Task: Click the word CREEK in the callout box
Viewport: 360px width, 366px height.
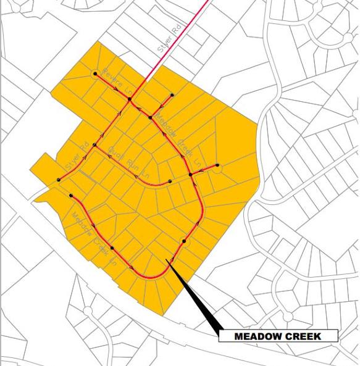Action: pyautogui.click(x=308, y=336)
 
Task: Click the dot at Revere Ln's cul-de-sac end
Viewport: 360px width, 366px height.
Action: pyautogui.click(x=95, y=73)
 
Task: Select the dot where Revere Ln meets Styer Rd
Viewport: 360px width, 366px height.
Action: pyautogui.click(x=130, y=99)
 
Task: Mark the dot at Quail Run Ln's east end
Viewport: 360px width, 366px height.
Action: pyautogui.click(x=169, y=181)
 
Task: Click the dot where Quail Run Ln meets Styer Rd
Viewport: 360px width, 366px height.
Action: pyautogui.click(x=94, y=145)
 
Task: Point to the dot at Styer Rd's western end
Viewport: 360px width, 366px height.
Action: pyautogui.click(x=59, y=180)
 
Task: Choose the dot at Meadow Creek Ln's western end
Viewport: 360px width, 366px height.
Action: pyautogui.click(x=72, y=196)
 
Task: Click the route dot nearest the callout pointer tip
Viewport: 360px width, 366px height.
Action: pyautogui.click(x=184, y=241)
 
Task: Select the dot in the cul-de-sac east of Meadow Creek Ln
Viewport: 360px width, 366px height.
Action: pyautogui.click(x=217, y=165)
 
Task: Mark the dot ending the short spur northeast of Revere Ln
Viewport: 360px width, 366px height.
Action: pyautogui.click(x=172, y=94)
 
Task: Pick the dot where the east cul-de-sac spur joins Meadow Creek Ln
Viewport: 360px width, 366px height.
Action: pyautogui.click(x=191, y=175)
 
